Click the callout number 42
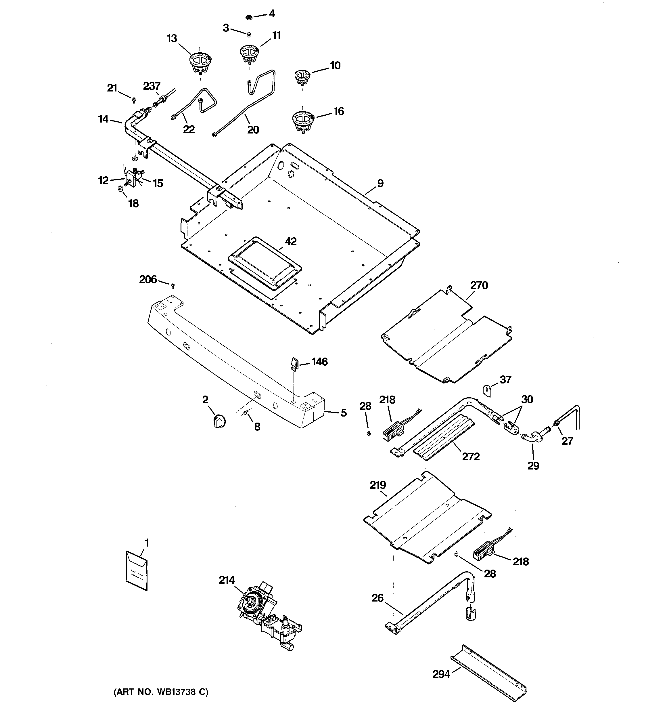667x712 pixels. tap(290, 241)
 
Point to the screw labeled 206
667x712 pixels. tap(173, 285)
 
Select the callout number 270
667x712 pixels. tap(479, 285)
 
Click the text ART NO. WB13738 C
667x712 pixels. tap(161, 692)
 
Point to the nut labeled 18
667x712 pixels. tap(121, 189)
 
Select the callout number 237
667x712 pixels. tap(152, 86)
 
